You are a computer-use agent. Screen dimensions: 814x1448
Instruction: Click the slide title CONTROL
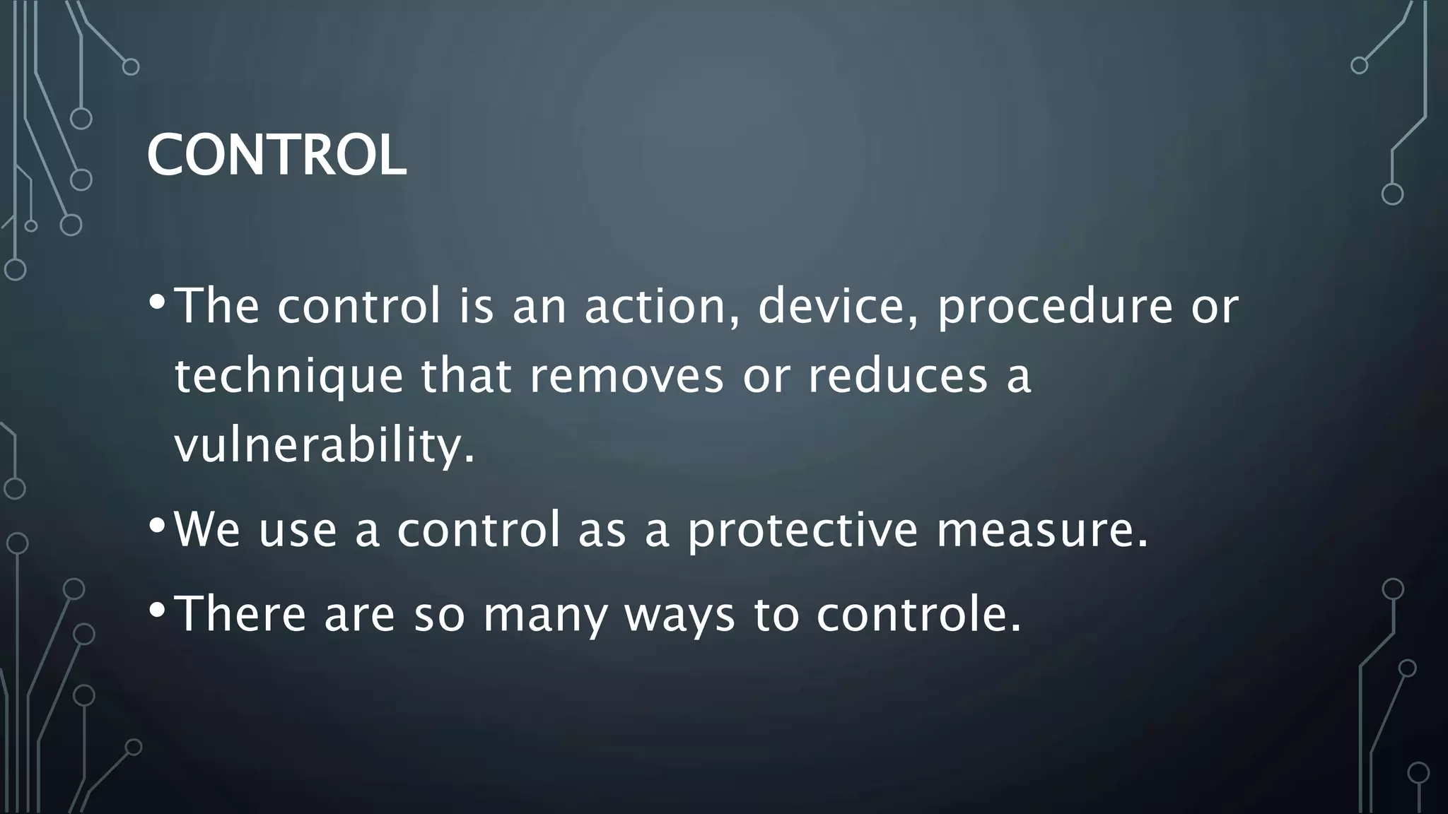(x=276, y=155)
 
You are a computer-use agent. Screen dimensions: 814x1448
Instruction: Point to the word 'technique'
(x=288, y=377)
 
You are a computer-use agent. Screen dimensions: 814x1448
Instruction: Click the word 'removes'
(x=626, y=376)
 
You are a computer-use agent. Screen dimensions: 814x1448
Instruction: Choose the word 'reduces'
(x=897, y=376)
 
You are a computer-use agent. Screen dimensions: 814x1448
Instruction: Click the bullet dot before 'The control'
(x=158, y=302)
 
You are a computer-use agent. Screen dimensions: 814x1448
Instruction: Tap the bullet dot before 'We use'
(x=158, y=526)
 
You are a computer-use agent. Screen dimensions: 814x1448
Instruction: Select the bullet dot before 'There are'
(x=158, y=609)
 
